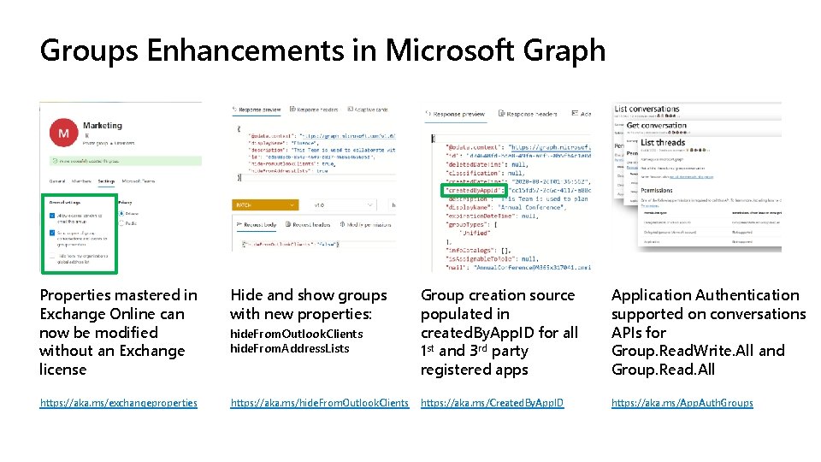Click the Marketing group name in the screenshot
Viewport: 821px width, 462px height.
[103, 126]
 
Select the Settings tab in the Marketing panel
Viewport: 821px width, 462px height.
[106, 181]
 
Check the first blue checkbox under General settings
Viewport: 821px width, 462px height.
[52, 215]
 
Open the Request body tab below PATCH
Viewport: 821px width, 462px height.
[260, 225]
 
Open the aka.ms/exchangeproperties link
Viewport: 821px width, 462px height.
[118, 403]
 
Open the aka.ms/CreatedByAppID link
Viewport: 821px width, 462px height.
[492, 403]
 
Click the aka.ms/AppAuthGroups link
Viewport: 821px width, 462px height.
[682, 403]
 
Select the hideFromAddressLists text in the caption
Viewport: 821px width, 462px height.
[289, 348]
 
